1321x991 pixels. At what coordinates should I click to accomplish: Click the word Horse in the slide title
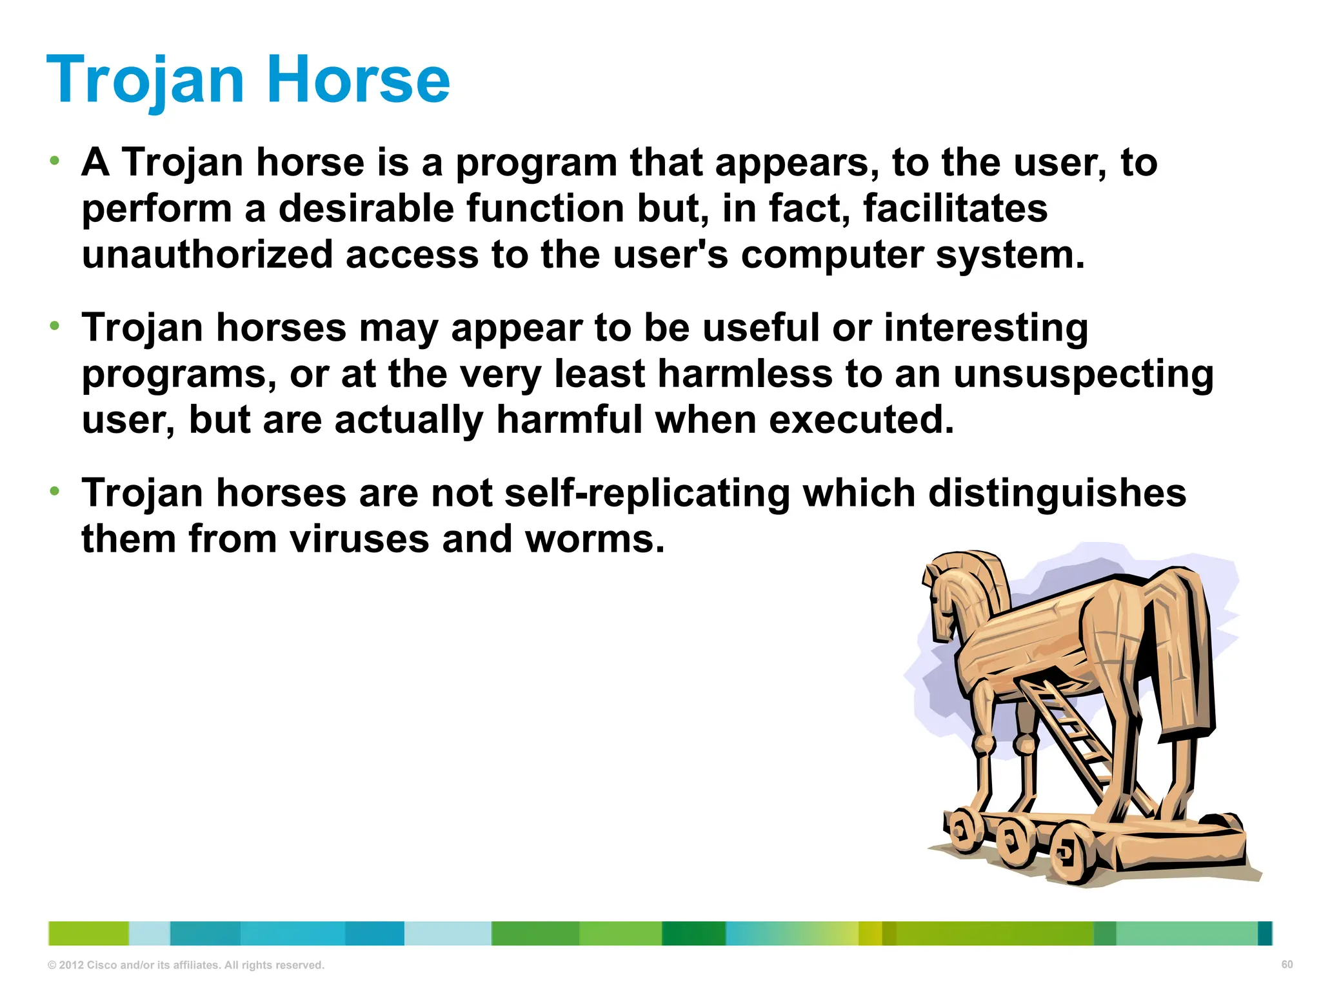click(x=357, y=79)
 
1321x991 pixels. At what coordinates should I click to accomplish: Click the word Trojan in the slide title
click(x=146, y=81)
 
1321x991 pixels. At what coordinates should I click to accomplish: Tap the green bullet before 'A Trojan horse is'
click(x=55, y=159)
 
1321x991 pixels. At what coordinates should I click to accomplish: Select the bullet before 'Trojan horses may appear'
click(x=55, y=325)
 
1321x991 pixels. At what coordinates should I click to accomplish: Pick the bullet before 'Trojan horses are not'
click(x=55, y=491)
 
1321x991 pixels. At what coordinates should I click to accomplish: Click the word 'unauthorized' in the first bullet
click(x=207, y=254)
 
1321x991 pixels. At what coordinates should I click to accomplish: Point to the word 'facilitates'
click(x=955, y=208)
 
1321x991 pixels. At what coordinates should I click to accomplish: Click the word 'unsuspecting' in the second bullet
click(x=1083, y=375)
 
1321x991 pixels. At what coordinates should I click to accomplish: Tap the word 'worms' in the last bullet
click(x=594, y=539)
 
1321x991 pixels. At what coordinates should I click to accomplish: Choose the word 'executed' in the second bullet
click(x=861, y=419)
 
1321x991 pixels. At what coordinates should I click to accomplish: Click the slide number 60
click(x=1287, y=965)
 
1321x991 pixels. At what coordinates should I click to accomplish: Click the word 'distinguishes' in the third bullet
click(x=1057, y=494)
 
